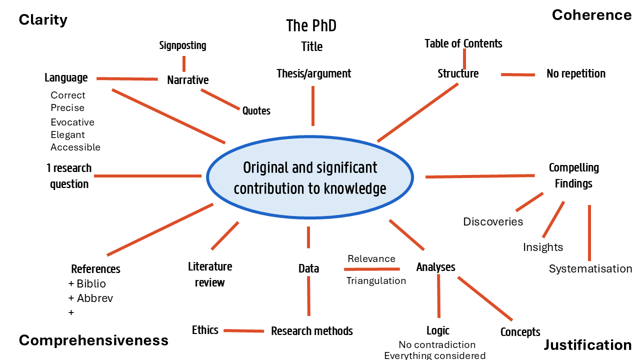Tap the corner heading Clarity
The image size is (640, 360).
[x=43, y=20]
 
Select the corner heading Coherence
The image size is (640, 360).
[x=591, y=15]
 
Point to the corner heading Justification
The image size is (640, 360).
[x=587, y=345]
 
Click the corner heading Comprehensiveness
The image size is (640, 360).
[x=93, y=340]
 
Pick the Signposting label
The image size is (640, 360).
[x=182, y=45]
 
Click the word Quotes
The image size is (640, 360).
[x=256, y=110]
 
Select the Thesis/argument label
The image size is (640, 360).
[x=314, y=73]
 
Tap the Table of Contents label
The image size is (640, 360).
[x=463, y=43]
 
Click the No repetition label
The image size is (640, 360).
[x=576, y=73]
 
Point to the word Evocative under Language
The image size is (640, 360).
[x=72, y=122]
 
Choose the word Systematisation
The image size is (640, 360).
[x=590, y=268]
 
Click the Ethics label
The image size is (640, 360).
[x=205, y=330]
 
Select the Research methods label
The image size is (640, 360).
[x=312, y=331]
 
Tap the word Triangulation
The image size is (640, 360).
[x=376, y=280]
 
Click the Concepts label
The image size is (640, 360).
[x=520, y=332]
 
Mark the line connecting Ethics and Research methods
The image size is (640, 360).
[x=244, y=330]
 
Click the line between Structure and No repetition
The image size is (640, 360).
[x=517, y=74]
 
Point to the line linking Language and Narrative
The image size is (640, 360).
[x=127, y=79]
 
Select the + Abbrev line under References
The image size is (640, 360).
[x=90, y=298]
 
